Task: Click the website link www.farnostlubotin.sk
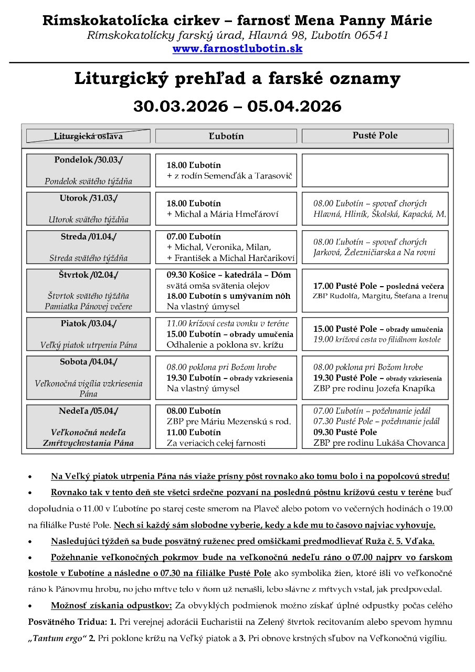pyautogui.click(x=237, y=49)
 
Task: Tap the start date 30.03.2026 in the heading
pyautogui.click(x=180, y=106)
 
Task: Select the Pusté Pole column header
pyautogui.click(x=375, y=135)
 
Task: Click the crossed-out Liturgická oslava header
pyautogui.click(x=88, y=136)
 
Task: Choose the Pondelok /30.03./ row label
pyautogui.click(x=88, y=160)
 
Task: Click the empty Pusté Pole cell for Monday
pyautogui.click(x=375, y=170)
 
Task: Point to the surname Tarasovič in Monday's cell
pyautogui.click(x=273, y=176)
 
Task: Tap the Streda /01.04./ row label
pyautogui.click(x=88, y=236)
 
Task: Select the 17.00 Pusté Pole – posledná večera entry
pyautogui.click(x=378, y=286)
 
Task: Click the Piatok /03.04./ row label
pyautogui.click(x=88, y=323)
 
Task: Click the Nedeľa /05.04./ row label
pyautogui.click(x=88, y=411)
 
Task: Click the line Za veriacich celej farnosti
pyautogui.click(x=216, y=443)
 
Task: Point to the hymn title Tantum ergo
pyautogui.click(x=54, y=639)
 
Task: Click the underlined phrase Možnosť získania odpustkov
pyautogui.click(x=111, y=605)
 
